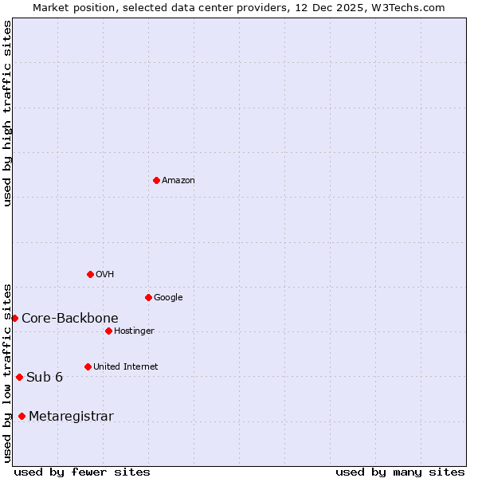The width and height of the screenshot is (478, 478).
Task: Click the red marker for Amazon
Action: [x=156, y=180]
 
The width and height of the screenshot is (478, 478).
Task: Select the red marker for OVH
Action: [x=90, y=274]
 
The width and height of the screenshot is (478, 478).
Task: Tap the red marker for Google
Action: [x=148, y=297]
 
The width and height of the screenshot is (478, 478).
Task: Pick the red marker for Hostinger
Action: [x=108, y=331]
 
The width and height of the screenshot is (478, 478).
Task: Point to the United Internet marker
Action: [x=88, y=366]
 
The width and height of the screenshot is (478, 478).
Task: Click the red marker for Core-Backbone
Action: [x=14, y=318]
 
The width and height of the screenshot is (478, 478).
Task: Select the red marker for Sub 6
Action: [x=19, y=377]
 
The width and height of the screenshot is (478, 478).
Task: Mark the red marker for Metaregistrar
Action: [x=22, y=416]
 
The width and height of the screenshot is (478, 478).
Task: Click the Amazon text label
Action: [x=178, y=181]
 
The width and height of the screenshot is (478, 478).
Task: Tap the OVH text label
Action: [x=104, y=275]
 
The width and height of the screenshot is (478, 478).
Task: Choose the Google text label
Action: [x=168, y=298]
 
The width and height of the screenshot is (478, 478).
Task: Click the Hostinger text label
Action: [x=134, y=331]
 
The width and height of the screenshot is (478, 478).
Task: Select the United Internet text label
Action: [x=125, y=367]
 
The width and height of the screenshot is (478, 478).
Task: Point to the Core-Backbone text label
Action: [x=70, y=319]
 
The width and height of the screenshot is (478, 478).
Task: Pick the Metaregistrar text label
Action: [x=71, y=417]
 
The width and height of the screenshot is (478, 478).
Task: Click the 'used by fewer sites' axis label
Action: [x=82, y=472]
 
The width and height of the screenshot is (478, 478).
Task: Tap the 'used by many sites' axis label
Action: [x=400, y=472]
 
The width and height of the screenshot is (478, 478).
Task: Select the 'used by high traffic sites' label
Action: [x=8, y=113]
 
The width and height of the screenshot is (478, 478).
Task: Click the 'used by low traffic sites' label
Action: [x=8, y=372]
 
